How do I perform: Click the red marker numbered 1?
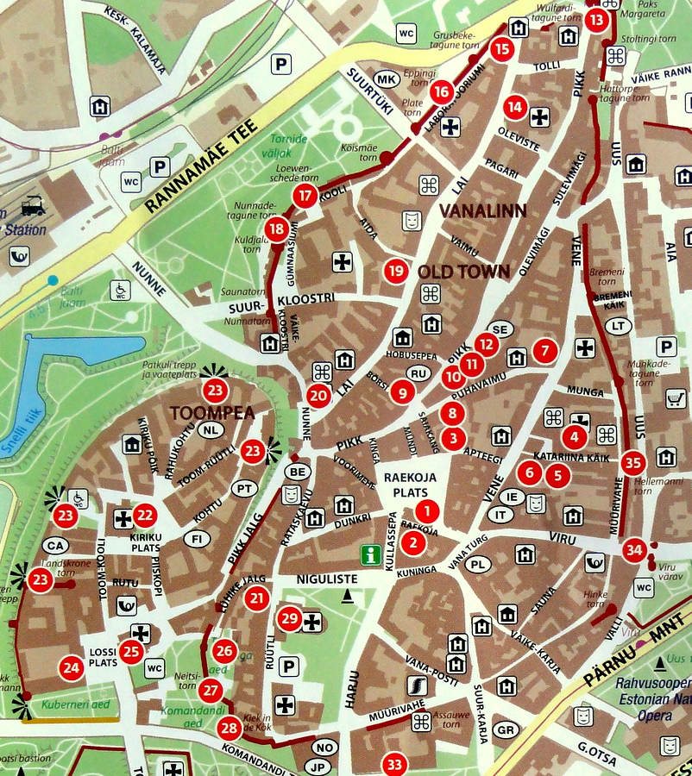[425, 510]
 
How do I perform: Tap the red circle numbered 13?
[596, 20]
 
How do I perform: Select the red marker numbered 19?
[396, 271]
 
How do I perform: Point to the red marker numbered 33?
[394, 764]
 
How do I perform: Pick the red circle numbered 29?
[290, 617]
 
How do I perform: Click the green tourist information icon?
[371, 554]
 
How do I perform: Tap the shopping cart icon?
[675, 398]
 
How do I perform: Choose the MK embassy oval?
[387, 80]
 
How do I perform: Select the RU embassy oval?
[418, 373]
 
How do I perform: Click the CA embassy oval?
[57, 546]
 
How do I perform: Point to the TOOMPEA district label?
[212, 413]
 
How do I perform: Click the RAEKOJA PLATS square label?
[409, 484]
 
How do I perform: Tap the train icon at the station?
[34, 206]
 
